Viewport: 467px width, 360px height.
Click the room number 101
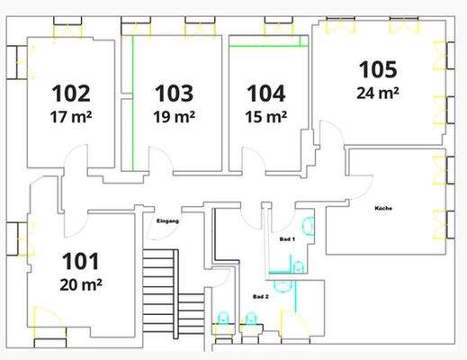81,263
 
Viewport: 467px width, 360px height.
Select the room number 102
71,94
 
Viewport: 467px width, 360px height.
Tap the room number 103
175,94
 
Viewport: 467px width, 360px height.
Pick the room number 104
265,93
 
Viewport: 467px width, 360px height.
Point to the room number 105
378,68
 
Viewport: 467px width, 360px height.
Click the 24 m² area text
378,92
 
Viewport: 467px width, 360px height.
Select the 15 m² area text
265,116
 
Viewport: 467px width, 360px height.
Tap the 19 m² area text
175,117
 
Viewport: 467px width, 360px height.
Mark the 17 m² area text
71,117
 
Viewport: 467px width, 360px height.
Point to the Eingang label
168,220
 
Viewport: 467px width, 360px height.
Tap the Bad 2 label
260,296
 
